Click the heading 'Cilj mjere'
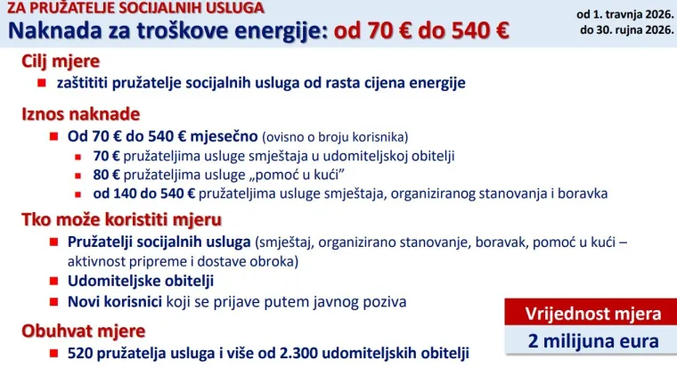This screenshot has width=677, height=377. point(61,61)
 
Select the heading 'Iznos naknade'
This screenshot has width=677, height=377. point(80,114)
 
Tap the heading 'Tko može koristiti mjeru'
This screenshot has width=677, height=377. point(121,218)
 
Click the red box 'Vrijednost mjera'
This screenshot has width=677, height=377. point(592,314)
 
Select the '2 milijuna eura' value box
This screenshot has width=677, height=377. point(592,340)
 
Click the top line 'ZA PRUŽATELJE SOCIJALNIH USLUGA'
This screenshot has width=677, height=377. point(135,8)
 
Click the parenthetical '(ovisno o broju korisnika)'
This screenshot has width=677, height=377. point(334,137)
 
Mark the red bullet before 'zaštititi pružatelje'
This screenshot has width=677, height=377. point(41,83)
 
